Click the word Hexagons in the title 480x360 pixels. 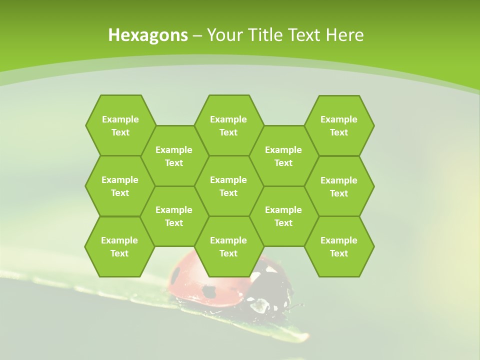(x=148, y=35)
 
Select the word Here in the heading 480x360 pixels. (x=344, y=35)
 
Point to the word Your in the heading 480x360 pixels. (x=224, y=35)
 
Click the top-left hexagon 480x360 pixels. (x=120, y=125)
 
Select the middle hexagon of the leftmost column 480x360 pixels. (x=120, y=186)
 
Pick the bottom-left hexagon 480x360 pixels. (x=119, y=246)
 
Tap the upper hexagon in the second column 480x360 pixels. (x=174, y=156)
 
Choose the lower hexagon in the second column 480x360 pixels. (x=174, y=216)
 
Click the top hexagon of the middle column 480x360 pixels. (x=228, y=125)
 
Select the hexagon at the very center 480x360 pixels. (x=228, y=186)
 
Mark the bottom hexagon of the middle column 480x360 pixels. (x=228, y=246)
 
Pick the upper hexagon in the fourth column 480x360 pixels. (x=283, y=156)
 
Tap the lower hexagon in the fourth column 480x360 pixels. (x=283, y=216)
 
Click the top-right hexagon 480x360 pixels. (x=339, y=125)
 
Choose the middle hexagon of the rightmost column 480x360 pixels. (x=339, y=186)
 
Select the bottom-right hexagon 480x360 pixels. (x=339, y=246)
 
